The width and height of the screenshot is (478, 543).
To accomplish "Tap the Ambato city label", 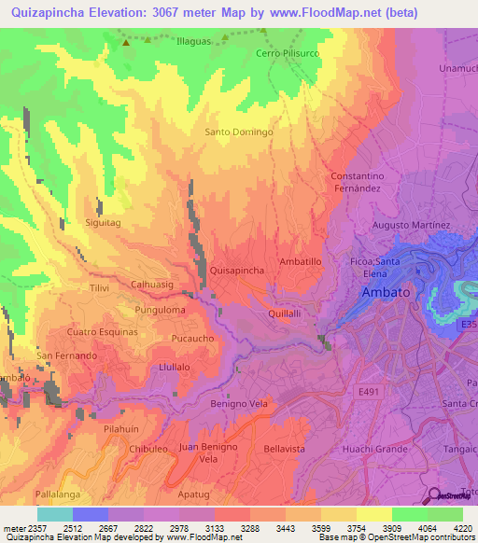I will (386, 292).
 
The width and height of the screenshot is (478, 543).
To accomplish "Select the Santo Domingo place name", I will (239, 132).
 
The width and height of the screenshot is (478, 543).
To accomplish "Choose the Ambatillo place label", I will (301, 263).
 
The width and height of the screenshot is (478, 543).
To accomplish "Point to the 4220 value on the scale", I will (462, 529).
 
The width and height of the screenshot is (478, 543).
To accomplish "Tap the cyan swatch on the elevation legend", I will (55, 514).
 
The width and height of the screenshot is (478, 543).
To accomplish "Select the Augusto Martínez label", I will (411, 225).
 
